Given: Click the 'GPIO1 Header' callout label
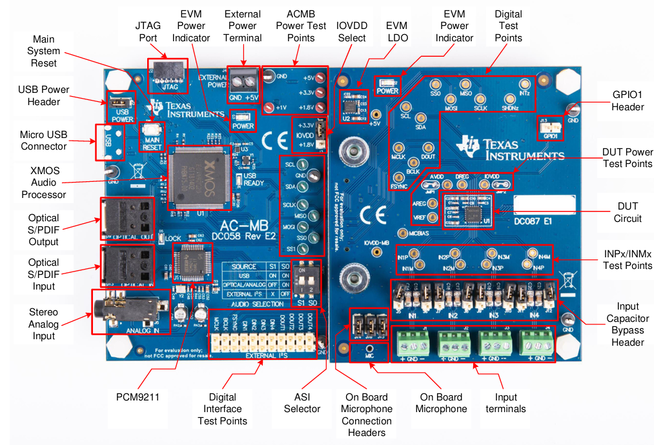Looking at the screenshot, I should tap(627, 100).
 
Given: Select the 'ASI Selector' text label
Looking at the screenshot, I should tap(301, 403).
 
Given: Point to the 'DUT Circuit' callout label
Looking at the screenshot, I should tap(627, 212).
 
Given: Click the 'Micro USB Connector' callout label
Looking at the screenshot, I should tap(43, 141).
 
